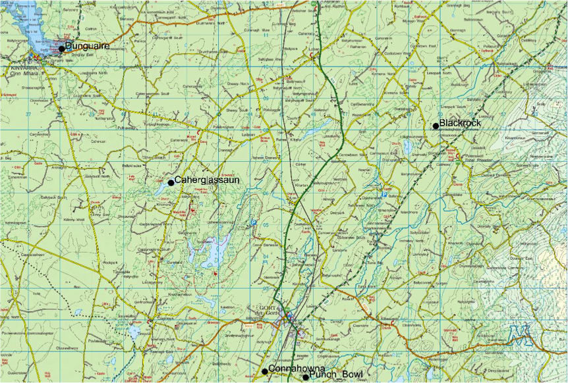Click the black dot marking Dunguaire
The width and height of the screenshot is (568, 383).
pos(61,49)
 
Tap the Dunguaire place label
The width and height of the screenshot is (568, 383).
pos(88,46)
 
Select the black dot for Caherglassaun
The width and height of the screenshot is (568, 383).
pos(171,183)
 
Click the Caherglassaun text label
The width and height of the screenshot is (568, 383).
pos(205,180)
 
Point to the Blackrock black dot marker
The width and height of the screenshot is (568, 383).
pos(436,126)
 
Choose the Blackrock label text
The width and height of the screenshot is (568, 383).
pos(460,123)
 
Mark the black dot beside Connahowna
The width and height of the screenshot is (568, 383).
pos(265,372)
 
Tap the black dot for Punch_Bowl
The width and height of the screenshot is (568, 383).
pos(305,377)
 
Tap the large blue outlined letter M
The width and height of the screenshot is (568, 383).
pos(521,336)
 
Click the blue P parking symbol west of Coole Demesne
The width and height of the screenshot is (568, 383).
pos(254,223)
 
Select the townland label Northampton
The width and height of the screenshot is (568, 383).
pos(105,119)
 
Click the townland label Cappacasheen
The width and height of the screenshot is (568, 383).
pos(33,255)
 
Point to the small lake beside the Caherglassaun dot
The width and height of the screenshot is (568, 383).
pos(161,189)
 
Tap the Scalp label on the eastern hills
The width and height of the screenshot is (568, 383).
pos(542,104)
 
